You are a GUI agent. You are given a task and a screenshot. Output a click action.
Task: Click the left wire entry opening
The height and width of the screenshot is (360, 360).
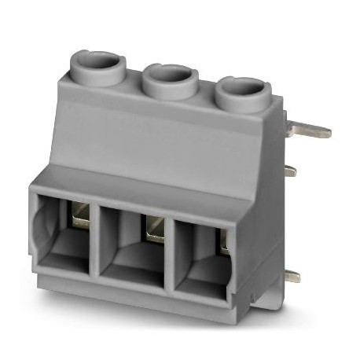pyautogui.click(x=63, y=231)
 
